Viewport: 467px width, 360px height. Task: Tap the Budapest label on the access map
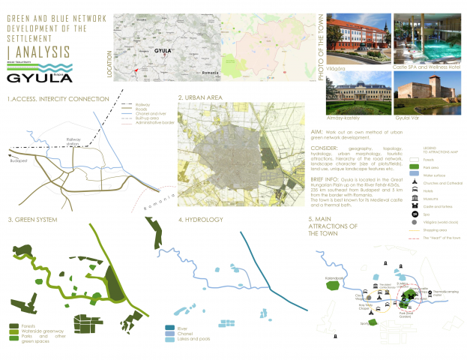(x=19, y=160)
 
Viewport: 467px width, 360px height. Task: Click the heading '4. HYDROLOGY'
(x=202, y=220)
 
